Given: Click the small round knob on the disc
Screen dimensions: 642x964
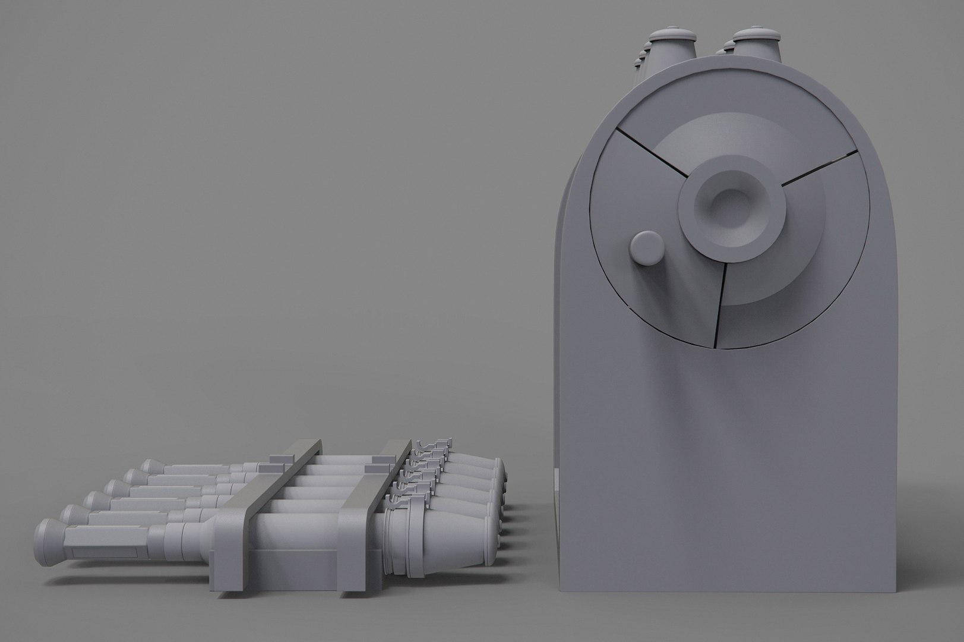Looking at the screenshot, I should (x=646, y=248).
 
